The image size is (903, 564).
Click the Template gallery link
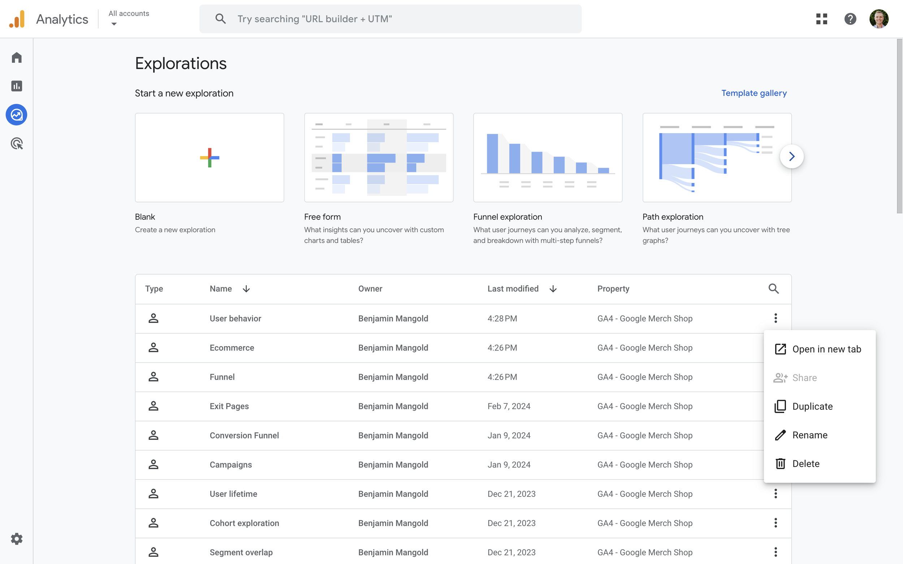coord(754,93)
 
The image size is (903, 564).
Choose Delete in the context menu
coord(805,464)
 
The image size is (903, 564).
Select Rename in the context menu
coord(809,435)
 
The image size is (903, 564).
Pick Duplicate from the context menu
coord(812,406)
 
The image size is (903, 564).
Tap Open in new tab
coord(826,349)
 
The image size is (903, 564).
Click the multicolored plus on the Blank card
coord(209,158)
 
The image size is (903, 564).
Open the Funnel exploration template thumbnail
coord(547,158)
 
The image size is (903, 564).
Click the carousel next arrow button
coord(791,156)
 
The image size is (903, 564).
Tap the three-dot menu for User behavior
coord(775,318)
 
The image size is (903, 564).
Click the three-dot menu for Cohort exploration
coord(775,523)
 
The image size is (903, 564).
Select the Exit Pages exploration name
coord(229,406)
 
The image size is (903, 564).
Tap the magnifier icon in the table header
coord(773,289)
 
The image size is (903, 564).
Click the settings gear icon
coord(16,539)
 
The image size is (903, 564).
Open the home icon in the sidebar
coord(16,58)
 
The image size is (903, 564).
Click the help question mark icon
coord(850,19)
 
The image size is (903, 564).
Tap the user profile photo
coord(878,19)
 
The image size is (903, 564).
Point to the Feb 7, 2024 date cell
coord(509,406)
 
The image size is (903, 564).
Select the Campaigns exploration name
coord(230,465)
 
